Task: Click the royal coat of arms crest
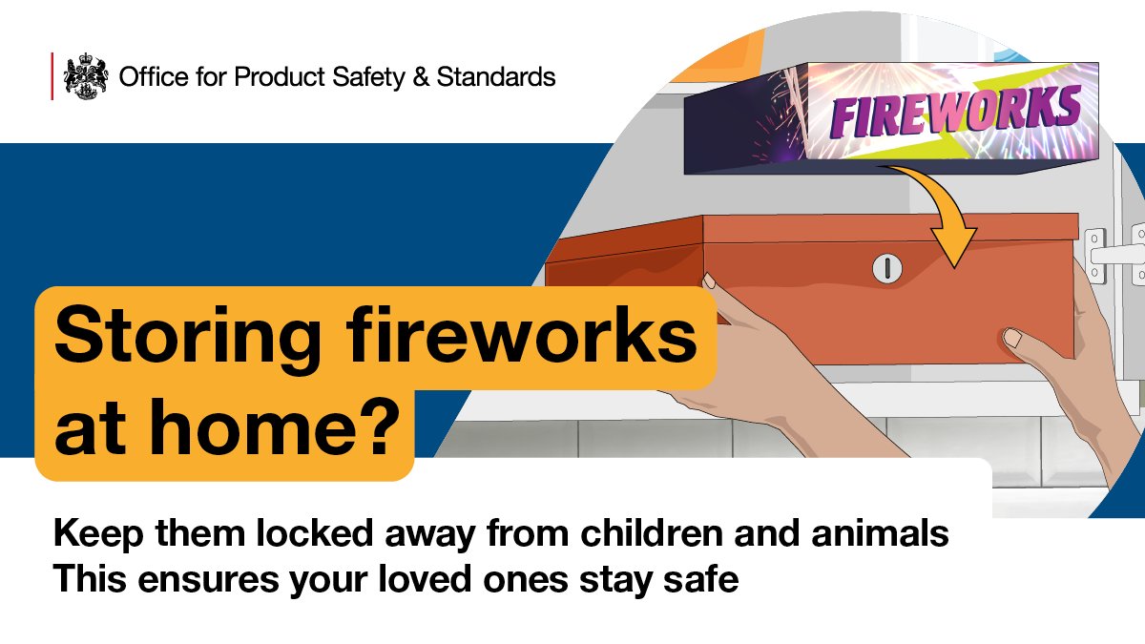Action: pyautogui.click(x=86, y=76)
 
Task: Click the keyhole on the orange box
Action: pyautogui.click(x=886, y=269)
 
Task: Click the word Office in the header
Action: pyautogui.click(x=148, y=76)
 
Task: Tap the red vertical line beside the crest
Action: pyautogui.click(x=52, y=76)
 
